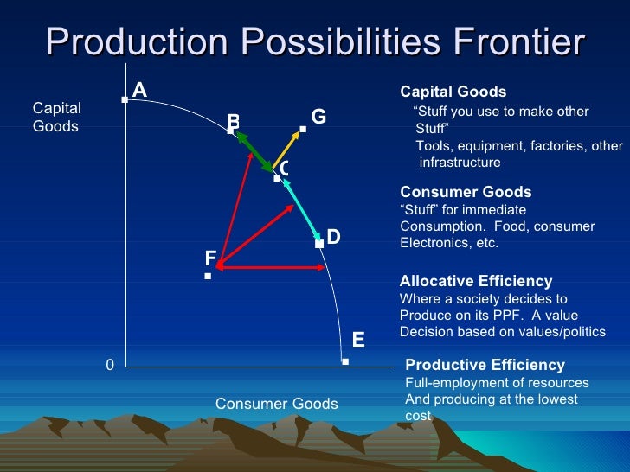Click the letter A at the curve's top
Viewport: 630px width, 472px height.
(x=139, y=89)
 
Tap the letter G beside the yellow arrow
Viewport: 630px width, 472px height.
(x=318, y=116)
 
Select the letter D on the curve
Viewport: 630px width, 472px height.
(x=333, y=236)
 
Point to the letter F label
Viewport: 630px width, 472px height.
(x=210, y=258)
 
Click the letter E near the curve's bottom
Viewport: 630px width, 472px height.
(x=358, y=340)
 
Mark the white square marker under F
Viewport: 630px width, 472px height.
(x=208, y=277)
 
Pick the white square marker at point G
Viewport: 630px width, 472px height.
(x=303, y=130)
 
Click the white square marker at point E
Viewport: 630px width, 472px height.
(x=344, y=361)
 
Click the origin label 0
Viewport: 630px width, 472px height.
(x=110, y=366)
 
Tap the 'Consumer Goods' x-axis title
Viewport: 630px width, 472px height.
(x=276, y=404)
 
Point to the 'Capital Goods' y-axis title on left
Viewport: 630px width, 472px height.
(x=56, y=117)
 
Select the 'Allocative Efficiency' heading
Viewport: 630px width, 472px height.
(x=475, y=281)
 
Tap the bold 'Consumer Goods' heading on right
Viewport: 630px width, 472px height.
(x=466, y=192)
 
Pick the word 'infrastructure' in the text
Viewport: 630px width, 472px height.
(x=460, y=163)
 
